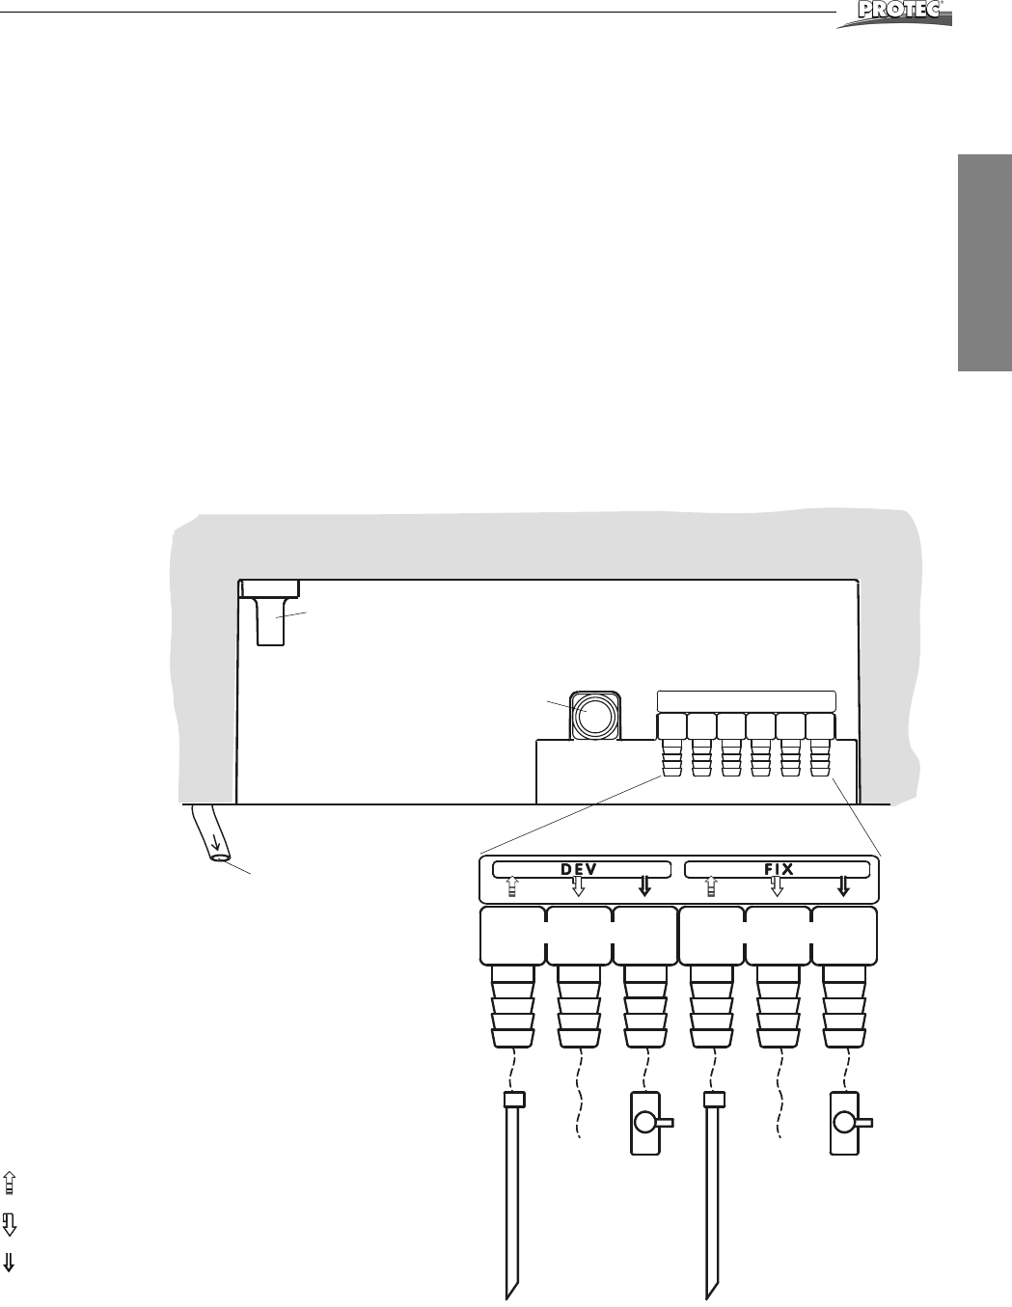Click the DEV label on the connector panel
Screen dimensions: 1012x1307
[580, 869]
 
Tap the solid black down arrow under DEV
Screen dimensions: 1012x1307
[645, 886]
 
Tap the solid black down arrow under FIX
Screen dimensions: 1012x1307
[843, 886]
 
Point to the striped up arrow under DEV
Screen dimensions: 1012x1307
[513, 886]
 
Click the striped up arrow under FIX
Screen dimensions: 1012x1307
[712, 886]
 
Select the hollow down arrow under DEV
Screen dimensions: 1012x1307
[579, 886]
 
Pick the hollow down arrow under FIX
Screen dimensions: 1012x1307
[777, 886]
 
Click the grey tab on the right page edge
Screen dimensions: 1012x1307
[984, 260]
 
